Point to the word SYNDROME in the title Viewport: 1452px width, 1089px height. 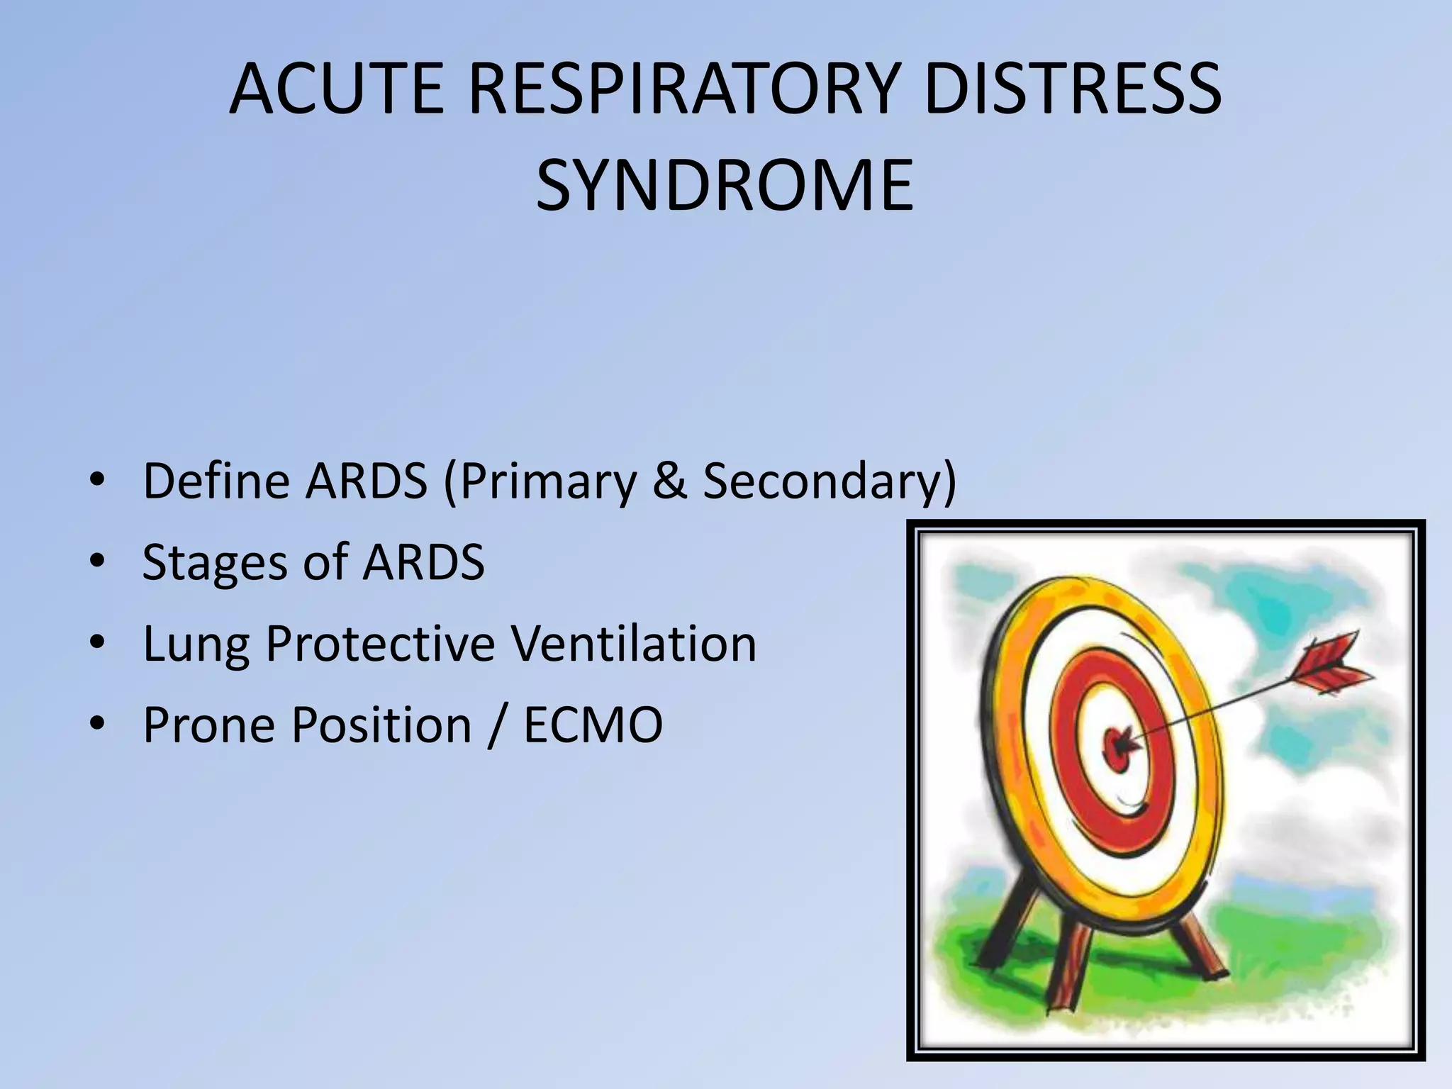(725, 186)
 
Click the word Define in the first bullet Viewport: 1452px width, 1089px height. (216, 481)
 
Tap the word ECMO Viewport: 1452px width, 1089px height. (593, 725)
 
